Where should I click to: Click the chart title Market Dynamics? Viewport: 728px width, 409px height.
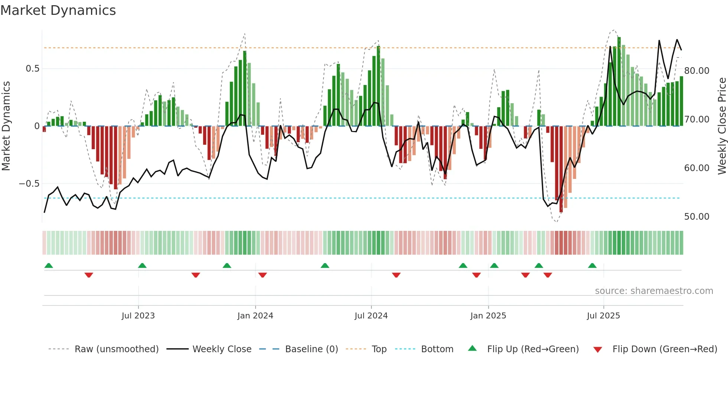(58, 10)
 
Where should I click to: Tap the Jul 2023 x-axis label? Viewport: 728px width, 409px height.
(138, 315)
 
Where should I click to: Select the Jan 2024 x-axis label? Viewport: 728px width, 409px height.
(255, 315)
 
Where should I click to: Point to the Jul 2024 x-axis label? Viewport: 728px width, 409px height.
(371, 315)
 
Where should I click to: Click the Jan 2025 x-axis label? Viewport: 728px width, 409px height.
(488, 315)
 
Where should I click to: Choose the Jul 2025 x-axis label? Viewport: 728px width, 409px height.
(603, 315)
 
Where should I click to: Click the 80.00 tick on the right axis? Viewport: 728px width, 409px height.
(696, 71)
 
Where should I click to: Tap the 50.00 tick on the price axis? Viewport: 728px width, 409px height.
(696, 216)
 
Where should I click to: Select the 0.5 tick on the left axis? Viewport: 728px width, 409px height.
(32, 69)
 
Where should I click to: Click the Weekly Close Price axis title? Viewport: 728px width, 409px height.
(722, 126)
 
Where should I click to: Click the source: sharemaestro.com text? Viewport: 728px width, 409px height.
(654, 291)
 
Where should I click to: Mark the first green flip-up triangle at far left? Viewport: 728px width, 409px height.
(49, 265)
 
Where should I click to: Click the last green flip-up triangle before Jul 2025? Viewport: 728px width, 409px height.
(592, 265)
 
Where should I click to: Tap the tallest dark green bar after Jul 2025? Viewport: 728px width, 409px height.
(619, 82)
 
